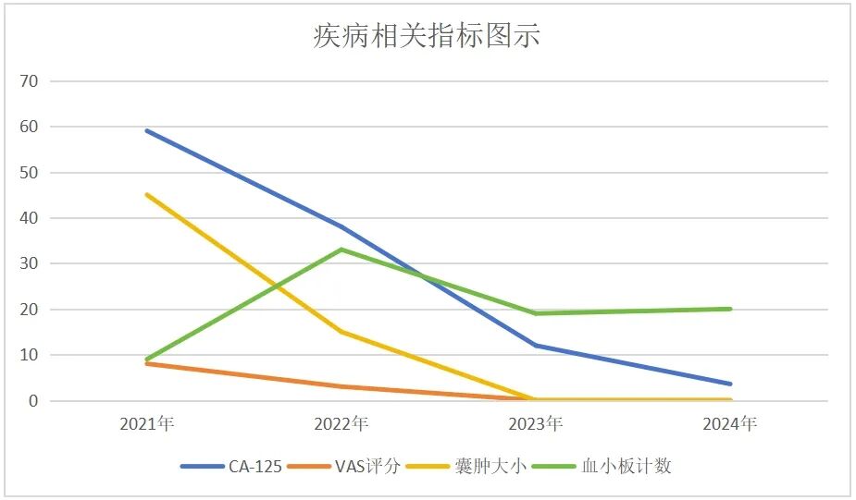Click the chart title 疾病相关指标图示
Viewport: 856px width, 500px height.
point(427,36)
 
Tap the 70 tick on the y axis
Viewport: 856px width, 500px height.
point(30,81)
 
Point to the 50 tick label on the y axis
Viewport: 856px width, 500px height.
point(30,173)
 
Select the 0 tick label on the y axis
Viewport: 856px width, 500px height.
point(33,401)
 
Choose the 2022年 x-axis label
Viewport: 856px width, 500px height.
point(341,424)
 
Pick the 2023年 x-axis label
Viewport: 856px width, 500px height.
point(536,424)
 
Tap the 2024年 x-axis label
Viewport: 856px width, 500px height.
point(730,424)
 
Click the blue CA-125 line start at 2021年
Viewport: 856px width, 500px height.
point(147,130)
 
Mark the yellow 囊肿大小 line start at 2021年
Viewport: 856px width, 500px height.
point(147,194)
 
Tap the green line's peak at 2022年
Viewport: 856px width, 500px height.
point(341,250)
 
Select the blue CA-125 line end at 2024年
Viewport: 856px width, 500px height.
point(730,384)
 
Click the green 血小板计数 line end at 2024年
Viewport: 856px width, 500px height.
point(730,309)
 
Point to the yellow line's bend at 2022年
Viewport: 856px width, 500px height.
point(341,332)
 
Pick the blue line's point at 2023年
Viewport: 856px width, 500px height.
point(536,346)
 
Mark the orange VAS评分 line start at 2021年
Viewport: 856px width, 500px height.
point(147,363)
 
